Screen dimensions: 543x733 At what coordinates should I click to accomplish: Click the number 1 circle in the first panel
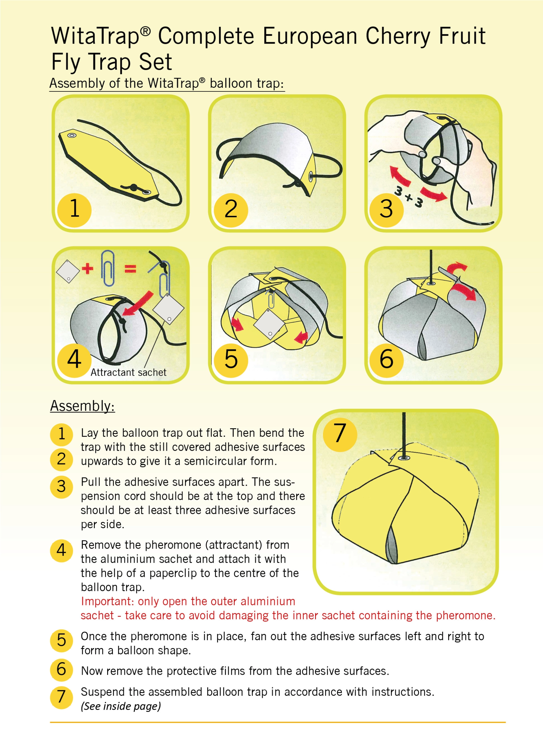[x=74, y=210]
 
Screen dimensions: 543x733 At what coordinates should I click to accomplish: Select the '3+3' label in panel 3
[x=409, y=197]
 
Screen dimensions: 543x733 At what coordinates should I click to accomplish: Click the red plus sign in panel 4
[x=87, y=268]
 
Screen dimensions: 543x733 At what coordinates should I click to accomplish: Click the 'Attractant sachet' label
[x=128, y=372]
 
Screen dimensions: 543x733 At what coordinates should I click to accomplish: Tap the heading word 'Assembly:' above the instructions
[x=83, y=406]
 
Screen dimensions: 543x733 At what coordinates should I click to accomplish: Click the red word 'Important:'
[x=108, y=601]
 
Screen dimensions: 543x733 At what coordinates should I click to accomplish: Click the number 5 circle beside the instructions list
[x=61, y=640]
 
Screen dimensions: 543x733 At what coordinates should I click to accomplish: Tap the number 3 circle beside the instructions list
[x=61, y=487]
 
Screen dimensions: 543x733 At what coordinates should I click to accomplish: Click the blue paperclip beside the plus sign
[x=108, y=268]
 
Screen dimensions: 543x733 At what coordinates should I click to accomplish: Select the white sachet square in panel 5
[x=270, y=324]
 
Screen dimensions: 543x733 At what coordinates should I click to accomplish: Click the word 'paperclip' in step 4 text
[x=173, y=573]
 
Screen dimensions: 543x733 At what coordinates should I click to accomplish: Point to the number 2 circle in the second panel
[x=231, y=210]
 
